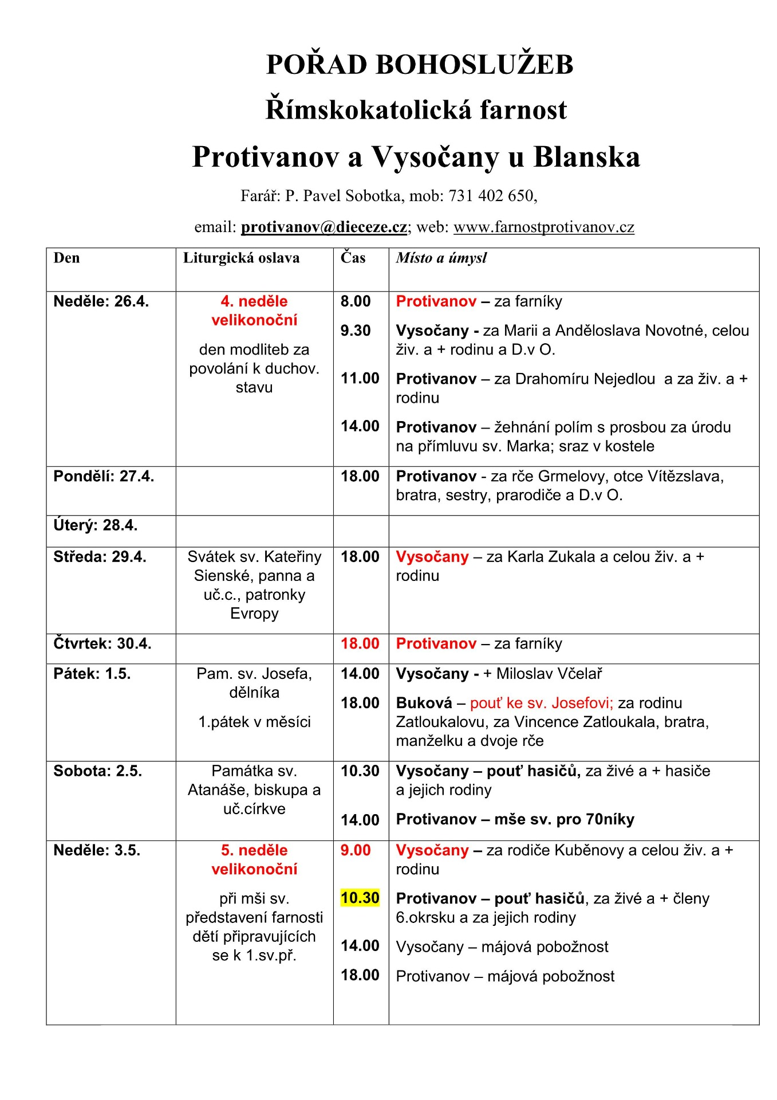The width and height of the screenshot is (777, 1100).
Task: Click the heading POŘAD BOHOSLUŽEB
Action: click(x=420, y=64)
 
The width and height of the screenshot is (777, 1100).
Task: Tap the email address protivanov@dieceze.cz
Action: click(x=324, y=227)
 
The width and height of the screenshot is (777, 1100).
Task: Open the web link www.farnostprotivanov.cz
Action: click(x=543, y=227)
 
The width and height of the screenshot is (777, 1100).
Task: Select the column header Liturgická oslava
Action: click(x=241, y=258)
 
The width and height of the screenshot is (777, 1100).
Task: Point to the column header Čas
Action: click(x=353, y=258)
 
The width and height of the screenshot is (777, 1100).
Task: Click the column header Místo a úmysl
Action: click(x=441, y=258)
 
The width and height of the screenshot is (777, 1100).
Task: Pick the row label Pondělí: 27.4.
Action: click(x=104, y=477)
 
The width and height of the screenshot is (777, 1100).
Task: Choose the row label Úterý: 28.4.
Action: click(x=96, y=525)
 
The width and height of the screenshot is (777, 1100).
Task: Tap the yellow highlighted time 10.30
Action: click(x=360, y=898)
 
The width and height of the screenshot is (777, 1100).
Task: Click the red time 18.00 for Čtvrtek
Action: click(x=360, y=644)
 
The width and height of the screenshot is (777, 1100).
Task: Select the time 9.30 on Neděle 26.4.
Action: click(x=356, y=331)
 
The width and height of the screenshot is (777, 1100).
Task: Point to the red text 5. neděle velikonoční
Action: click(x=254, y=859)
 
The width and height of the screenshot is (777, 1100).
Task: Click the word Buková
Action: click(x=424, y=703)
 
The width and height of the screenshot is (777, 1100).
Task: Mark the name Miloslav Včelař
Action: click(x=549, y=674)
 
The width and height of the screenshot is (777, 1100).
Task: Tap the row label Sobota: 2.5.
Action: click(x=97, y=771)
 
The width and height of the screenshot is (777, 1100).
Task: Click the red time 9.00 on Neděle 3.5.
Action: click(x=356, y=850)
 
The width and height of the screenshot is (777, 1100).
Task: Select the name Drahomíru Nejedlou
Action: click(x=585, y=379)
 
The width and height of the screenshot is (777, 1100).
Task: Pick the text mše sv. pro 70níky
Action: click(x=564, y=819)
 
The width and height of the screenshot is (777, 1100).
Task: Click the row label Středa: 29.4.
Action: click(x=100, y=557)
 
